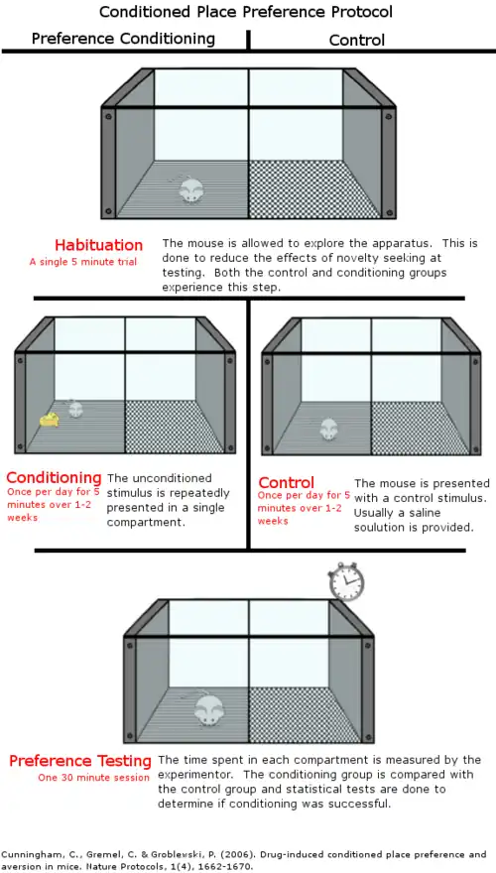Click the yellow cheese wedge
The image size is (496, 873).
tap(49, 420)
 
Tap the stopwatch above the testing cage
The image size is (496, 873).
tap(346, 581)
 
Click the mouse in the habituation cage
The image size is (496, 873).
tap(190, 189)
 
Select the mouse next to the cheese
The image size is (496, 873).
tap(75, 409)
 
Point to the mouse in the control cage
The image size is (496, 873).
tap(328, 430)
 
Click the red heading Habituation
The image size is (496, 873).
tap(98, 245)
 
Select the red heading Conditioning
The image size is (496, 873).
tap(54, 478)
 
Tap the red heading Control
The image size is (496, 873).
tap(286, 482)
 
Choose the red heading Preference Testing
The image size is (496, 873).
tap(80, 761)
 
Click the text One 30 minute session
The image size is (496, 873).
tap(93, 777)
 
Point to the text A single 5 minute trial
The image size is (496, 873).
tap(83, 262)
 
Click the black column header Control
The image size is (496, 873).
tap(357, 40)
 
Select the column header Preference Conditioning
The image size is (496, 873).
tap(123, 39)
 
